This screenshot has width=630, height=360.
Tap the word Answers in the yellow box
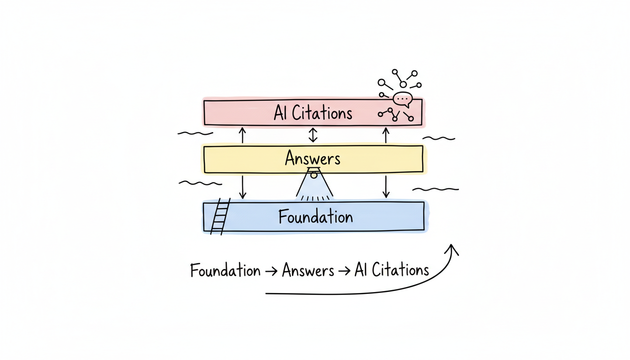[x=313, y=158]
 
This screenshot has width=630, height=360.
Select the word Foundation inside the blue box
[x=315, y=217]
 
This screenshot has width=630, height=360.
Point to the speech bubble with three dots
[x=402, y=99]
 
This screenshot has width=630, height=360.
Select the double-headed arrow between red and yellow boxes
[x=313, y=135]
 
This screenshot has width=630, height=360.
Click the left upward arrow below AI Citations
[x=242, y=135]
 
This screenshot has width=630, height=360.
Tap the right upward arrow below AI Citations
[x=386, y=135]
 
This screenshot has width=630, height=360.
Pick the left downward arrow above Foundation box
[x=242, y=187]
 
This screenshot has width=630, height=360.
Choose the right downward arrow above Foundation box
[x=386, y=187]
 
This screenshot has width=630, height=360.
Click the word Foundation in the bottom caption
[x=225, y=271]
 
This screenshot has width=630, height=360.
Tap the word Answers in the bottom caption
[x=308, y=271]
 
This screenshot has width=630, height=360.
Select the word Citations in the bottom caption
[x=400, y=270]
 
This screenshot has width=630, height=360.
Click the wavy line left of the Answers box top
[x=195, y=134]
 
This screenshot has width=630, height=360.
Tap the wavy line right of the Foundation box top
[x=435, y=189]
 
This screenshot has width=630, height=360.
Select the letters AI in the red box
[x=280, y=113]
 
